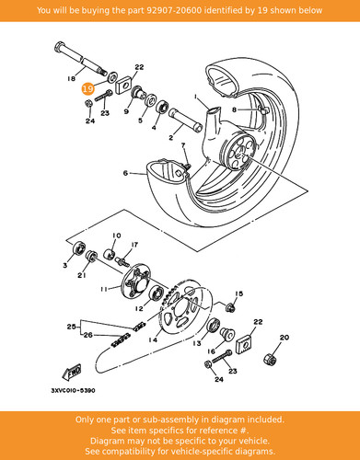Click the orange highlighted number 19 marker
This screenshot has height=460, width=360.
(87, 89)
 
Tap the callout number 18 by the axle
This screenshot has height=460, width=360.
(71, 79)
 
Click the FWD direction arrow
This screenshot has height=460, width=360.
(72, 372)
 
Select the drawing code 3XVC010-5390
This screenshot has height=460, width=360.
(73, 391)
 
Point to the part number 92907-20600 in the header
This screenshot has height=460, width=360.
(174, 10)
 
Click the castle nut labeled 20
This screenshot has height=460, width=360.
(271, 358)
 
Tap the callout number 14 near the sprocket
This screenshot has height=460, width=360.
(153, 339)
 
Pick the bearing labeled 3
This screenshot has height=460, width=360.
(79, 247)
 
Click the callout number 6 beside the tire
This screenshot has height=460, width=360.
(125, 173)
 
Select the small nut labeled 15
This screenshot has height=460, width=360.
(230, 307)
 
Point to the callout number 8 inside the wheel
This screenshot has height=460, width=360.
(234, 109)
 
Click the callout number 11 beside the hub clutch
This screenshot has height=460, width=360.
(105, 289)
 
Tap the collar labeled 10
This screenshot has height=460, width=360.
(110, 254)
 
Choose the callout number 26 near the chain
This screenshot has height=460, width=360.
(88, 335)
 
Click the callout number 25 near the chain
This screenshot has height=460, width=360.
(72, 327)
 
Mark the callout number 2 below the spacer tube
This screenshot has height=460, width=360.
(171, 138)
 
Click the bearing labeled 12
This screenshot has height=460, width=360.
(157, 293)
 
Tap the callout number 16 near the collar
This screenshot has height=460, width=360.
(211, 351)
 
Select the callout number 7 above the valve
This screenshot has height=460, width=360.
(183, 145)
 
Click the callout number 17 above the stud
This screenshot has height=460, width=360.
(134, 245)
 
